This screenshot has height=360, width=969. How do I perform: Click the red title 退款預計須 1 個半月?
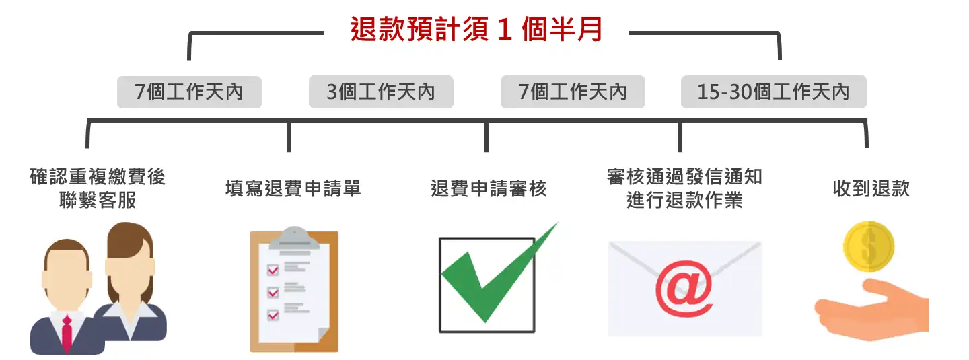click(476, 30)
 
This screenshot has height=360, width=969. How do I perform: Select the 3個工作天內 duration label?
click(381, 92)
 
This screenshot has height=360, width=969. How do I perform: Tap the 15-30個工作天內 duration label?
click(773, 92)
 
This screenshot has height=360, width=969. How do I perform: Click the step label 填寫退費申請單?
click(293, 188)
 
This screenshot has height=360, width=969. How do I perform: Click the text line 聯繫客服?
click(98, 201)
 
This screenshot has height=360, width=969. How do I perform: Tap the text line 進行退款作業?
click(684, 201)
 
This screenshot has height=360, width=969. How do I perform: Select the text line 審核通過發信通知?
click(684, 177)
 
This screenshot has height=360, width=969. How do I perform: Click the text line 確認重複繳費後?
click(98, 177)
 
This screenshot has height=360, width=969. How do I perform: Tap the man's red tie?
click(67, 333)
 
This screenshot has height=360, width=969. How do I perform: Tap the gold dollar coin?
click(868, 246)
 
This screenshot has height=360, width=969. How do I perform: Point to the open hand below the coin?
click(871, 310)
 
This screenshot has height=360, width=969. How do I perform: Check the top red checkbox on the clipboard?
click(273, 271)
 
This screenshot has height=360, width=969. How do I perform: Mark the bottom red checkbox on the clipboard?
click(273, 314)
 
